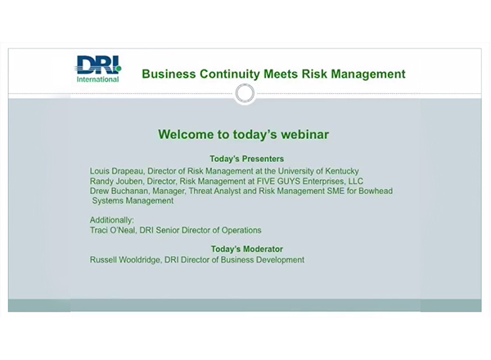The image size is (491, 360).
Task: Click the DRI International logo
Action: point(98,69)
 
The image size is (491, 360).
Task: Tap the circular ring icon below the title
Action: point(245,94)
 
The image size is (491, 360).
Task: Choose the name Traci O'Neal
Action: point(111,231)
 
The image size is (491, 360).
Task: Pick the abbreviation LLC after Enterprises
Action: point(355,181)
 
